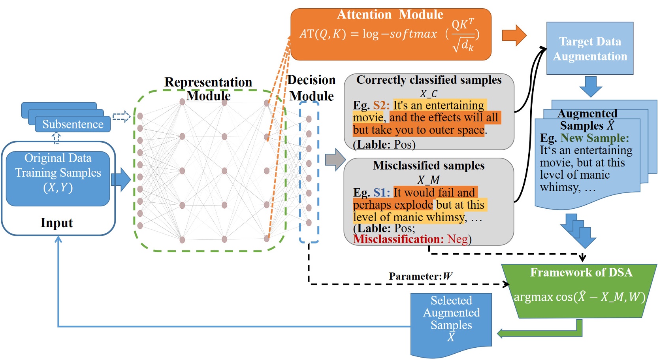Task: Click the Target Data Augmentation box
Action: coord(589,49)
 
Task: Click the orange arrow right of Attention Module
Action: coord(514,35)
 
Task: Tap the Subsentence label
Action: coord(73,124)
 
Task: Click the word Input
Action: coord(56,223)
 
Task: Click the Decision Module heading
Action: coord(311,88)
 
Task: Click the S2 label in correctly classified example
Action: coord(381,105)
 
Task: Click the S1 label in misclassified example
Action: coord(382,192)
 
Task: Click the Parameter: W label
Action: coord(420,276)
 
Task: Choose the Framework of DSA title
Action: coord(581,272)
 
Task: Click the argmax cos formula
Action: coord(579,297)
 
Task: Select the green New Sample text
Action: coord(594,138)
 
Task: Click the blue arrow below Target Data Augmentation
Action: coord(590,86)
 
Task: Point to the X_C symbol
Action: coord(428,94)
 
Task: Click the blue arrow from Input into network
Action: coord(121,179)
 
